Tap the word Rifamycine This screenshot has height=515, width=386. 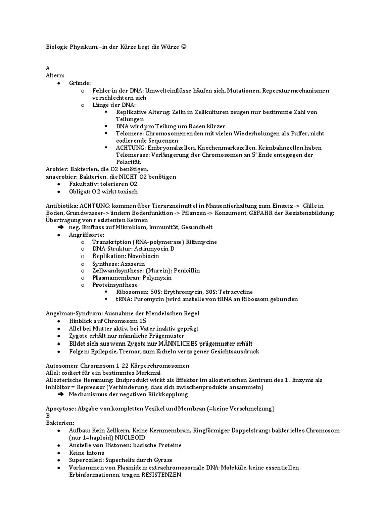[x=202, y=242]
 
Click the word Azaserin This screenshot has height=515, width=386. [x=133, y=263]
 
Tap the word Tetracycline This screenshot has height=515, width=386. [x=236, y=292]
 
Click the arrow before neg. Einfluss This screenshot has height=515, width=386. [x=61, y=227]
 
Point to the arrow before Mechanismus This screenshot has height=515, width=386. [x=61, y=395]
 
